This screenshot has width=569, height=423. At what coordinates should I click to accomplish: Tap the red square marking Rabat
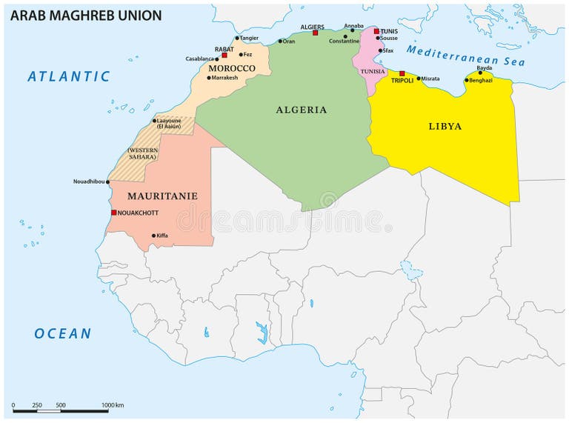pyautogui.click(x=224, y=55)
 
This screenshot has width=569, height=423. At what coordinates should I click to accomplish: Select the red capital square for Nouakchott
pyautogui.click(x=113, y=213)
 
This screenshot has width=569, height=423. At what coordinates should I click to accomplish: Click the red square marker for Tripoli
pyautogui.click(x=402, y=73)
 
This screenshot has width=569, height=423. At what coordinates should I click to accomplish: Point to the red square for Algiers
pyautogui.click(x=315, y=33)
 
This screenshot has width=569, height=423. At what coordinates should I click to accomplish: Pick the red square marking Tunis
pyautogui.click(x=376, y=31)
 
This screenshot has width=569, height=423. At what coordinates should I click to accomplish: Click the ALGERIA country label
pyautogui.click(x=302, y=110)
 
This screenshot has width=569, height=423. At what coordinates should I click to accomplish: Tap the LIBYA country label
pyautogui.click(x=445, y=126)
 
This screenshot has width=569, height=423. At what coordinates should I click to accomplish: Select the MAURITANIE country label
pyautogui.click(x=162, y=196)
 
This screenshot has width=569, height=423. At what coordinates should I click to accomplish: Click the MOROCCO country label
pyautogui.click(x=231, y=68)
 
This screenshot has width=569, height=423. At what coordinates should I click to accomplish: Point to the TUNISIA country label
pyautogui.click(x=373, y=71)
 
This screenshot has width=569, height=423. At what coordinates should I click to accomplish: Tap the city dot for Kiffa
pyautogui.click(x=153, y=236)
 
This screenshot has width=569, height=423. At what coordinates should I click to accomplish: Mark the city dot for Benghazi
pyautogui.click(x=467, y=80)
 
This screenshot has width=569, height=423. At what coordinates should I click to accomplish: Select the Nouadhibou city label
pyautogui.click(x=88, y=181)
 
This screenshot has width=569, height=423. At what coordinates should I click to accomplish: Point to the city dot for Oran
pyautogui.click(x=280, y=41)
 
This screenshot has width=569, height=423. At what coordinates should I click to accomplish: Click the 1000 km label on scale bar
pyautogui.click(x=113, y=404)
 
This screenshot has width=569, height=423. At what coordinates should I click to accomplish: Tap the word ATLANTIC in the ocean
pyautogui.click(x=69, y=76)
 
